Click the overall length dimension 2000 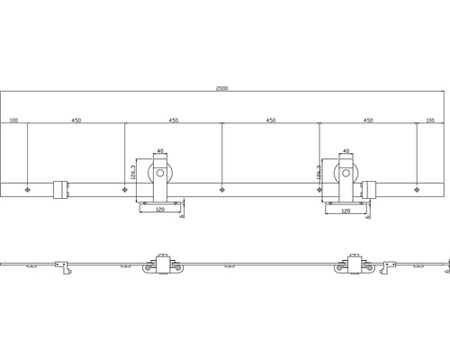tap(223, 89)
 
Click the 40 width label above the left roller tap(160, 152)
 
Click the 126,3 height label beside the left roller tap(134, 171)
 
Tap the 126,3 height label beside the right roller tap(319, 171)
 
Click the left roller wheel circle tap(160, 175)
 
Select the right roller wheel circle tap(346, 175)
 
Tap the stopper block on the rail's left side tap(58, 189)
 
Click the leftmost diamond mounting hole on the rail tap(29, 189)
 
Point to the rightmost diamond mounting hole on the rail tap(417, 189)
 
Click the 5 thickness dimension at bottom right tap(446, 265)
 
